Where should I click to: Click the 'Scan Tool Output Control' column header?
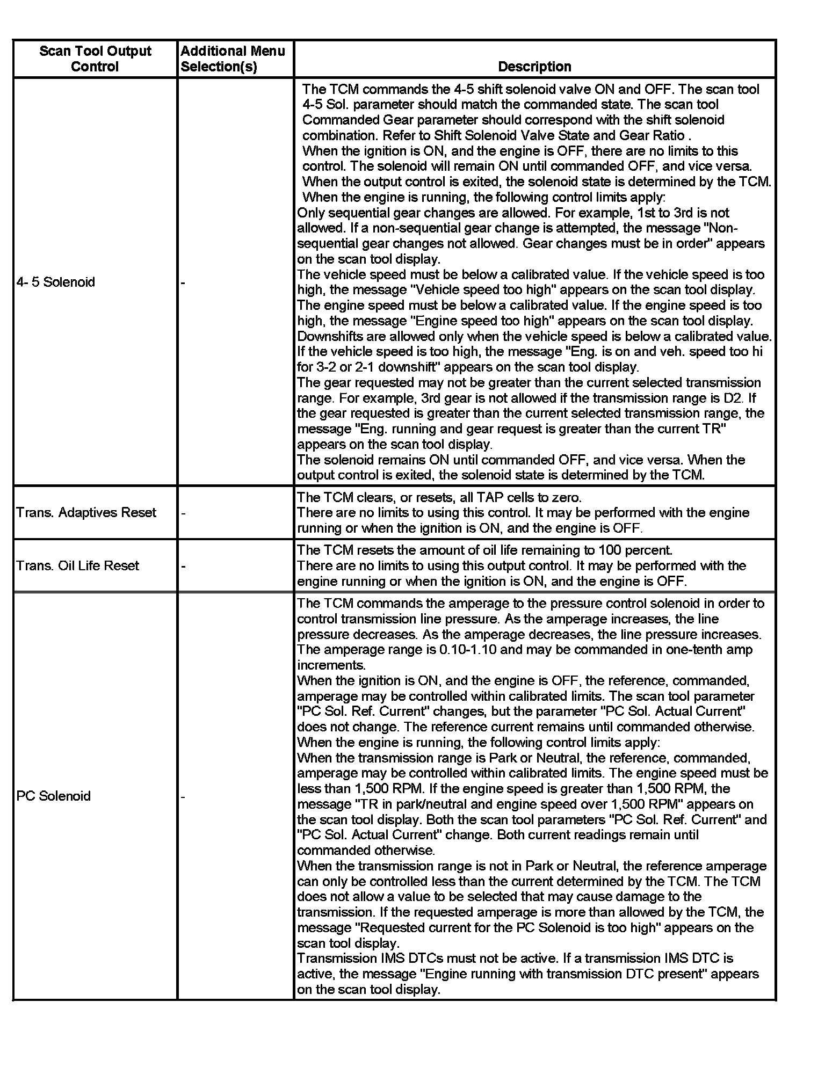95,59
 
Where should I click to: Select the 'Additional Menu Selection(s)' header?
233,59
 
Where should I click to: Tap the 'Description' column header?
534,67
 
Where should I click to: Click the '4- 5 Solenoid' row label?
55,282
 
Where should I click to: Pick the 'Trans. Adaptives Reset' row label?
86,512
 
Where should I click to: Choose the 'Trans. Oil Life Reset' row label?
77,565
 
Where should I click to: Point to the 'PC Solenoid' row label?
53,796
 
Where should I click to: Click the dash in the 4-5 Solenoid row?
183,282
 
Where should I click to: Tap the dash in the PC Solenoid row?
183,796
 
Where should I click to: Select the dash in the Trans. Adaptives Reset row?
183,513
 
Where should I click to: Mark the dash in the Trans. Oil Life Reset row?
183,566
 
